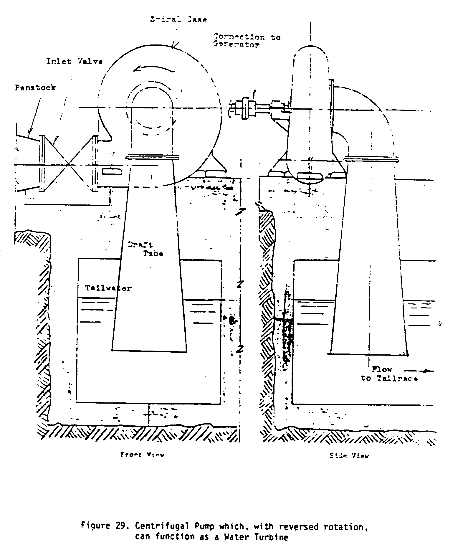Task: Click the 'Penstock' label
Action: [x=35, y=87]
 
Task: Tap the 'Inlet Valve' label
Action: [x=75, y=62]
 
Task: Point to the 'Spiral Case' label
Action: [x=178, y=19]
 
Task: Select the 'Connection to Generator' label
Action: [x=247, y=41]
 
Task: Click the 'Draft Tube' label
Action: [x=145, y=249]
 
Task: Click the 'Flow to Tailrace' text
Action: [x=389, y=374]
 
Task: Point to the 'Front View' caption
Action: [x=142, y=454]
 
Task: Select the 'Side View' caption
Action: [x=349, y=456]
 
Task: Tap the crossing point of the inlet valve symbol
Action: [x=68, y=164]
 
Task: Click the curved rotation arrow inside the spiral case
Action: [x=154, y=69]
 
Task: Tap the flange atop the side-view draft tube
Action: [x=371, y=160]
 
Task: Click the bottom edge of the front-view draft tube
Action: [x=149, y=351]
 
